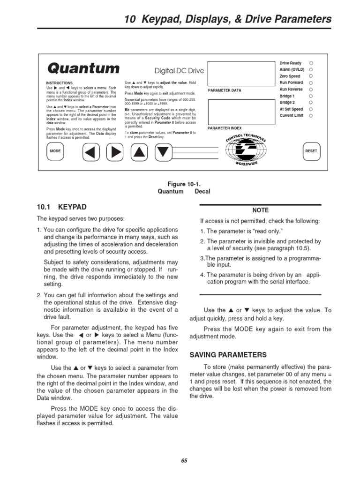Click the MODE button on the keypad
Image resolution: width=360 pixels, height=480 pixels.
click(55, 151)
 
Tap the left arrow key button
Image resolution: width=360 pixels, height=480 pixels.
click(91, 151)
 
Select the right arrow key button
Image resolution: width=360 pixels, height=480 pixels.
click(114, 151)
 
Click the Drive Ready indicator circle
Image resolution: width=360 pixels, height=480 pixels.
click(311, 63)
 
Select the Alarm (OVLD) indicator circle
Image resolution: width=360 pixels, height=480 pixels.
click(311, 69)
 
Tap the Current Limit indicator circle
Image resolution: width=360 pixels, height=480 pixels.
click(311, 115)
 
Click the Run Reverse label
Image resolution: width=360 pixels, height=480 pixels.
click(291, 89)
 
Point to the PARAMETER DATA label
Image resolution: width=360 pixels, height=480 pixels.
click(225, 90)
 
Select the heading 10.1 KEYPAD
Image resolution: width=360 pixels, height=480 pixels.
click(61, 207)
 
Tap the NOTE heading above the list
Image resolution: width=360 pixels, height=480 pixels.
click(260, 210)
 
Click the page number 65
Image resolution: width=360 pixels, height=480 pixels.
click(184, 460)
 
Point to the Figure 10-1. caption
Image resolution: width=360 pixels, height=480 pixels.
click(184, 184)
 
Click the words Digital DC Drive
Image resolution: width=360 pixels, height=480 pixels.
click(180, 71)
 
